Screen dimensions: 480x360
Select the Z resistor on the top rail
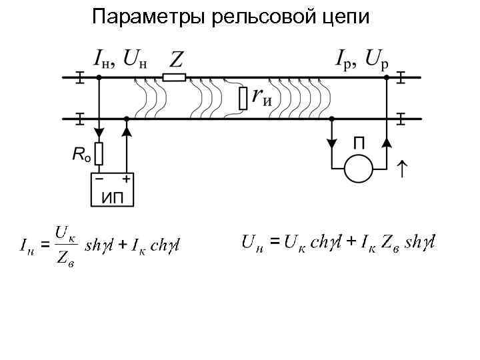pyautogui.click(x=173, y=78)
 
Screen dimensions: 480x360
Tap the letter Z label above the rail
pyautogui.click(x=176, y=61)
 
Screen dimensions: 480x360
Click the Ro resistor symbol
pyautogui.click(x=99, y=154)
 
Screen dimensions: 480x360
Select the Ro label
pyautogui.click(x=81, y=155)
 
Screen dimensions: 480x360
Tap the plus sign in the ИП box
pyautogui.click(x=125, y=179)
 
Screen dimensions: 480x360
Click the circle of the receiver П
pyautogui.click(x=359, y=167)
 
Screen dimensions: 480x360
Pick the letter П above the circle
pyautogui.click(x=359, y=142)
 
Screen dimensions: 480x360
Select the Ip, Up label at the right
pyautogui.click(x=360, y=61)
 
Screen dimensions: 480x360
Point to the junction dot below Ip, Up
pyautogui.click(x=386, y=78)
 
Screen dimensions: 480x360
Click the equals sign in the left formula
pyautogui.click(x=45, y=245)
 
